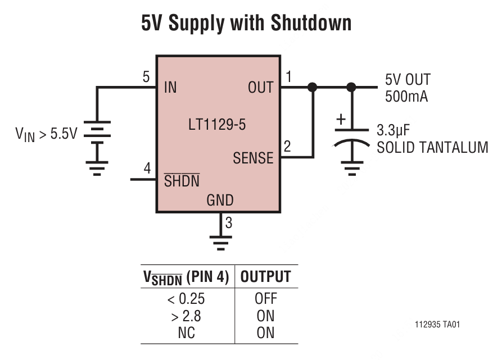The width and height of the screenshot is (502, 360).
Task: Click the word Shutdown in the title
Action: coord(311,23)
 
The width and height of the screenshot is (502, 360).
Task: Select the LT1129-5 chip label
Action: coord(217,125)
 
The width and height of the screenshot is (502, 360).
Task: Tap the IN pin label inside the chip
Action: coord(170,88)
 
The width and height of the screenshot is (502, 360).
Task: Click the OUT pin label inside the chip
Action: coord(260,88)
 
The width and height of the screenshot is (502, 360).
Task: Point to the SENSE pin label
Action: coord(253,158)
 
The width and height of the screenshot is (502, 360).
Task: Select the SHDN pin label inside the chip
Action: coord(181,181)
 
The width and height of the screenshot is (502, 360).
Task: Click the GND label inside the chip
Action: coord(220,200)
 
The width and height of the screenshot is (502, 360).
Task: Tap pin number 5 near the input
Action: coord(146,77)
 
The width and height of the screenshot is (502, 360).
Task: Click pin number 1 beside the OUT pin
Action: coord(289,76)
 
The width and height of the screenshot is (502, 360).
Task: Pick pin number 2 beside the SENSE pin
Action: coord(287,147)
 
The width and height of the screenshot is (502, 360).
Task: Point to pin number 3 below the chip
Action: coord(228,224)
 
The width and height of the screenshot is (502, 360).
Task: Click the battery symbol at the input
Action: coord(97,135)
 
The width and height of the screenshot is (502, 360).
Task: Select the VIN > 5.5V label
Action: coord(46,135)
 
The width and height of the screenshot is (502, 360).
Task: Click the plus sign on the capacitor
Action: coord(341,120)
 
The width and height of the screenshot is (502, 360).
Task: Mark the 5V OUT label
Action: coord(408,80)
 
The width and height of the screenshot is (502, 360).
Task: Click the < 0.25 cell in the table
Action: coord(186,299)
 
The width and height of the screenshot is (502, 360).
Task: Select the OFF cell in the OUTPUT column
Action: coord(265,299)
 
